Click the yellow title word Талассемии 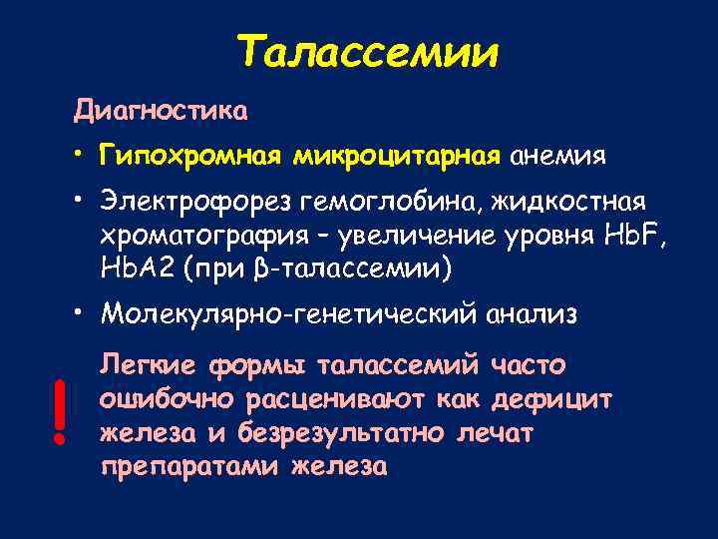coord(368,51)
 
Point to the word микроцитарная coord(396,157)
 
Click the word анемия coord(558,157)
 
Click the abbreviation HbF coord(624,237)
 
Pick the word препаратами coord(190,466)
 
